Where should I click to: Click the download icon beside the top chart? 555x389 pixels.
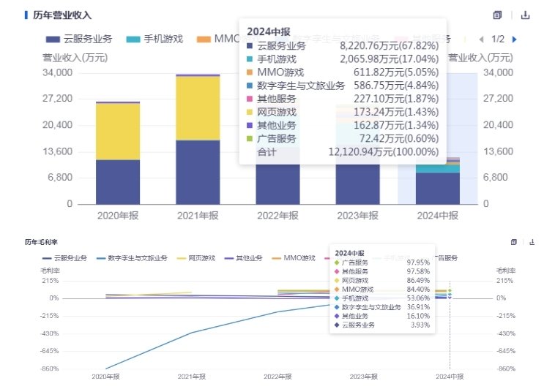525,15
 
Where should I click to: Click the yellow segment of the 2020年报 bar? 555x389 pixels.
118,131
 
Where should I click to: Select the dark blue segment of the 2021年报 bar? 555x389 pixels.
198,172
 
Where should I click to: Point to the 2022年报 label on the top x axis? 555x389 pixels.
277,216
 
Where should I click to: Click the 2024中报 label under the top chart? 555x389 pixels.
437,216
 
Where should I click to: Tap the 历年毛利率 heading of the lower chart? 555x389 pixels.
42,242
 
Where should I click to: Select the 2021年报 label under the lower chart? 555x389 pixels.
192,377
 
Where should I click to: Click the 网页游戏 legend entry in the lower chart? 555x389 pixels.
201,258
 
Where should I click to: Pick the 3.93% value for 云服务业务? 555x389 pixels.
419,325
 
